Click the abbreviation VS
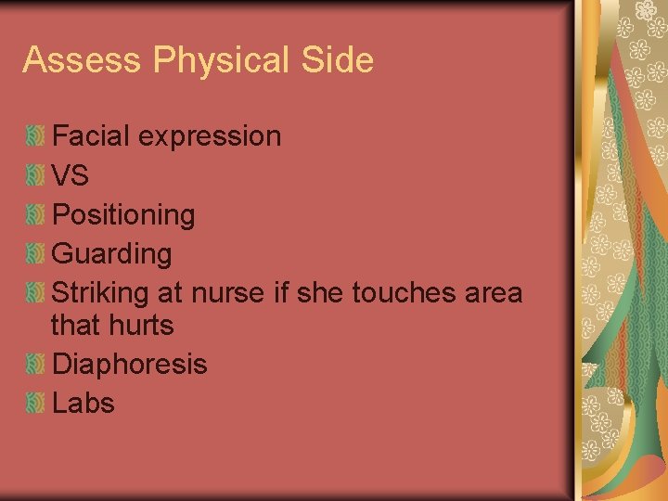click(71, 175)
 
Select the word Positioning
click(123, 215)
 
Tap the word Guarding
click(112, 253)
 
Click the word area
click(494, 293)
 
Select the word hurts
click(138, 326)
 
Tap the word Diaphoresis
click(130, 365)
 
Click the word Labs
click(83, 404)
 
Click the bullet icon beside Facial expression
click(35, 136)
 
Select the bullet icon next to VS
click(35, 175)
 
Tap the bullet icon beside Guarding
click(35, 253)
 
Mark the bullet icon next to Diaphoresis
click(35, 365)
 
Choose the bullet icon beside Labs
click(35, 404)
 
